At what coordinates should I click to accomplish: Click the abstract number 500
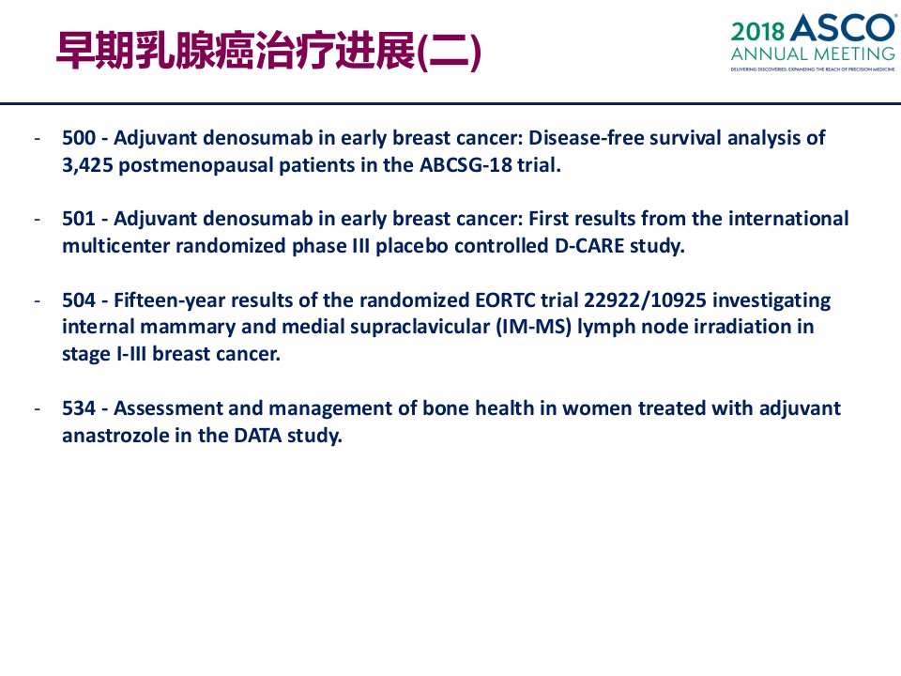click(79, 138)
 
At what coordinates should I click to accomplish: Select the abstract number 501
click(79, 219)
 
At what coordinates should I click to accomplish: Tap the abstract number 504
click(79, 300)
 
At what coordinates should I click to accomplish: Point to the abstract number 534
click(79, 408)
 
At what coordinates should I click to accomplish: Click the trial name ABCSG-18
click(466, 165)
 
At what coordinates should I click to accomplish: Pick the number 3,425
click(87, 165)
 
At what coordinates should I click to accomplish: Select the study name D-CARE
click(589, 246)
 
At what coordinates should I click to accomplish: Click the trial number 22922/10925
click(645, 300)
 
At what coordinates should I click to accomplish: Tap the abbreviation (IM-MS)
click(533, 327)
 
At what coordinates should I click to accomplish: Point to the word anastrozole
click(115, 436)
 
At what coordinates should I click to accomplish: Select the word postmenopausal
click(195, 166)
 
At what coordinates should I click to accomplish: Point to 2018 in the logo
click(758, 32)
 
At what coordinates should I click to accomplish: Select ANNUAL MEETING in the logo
click(813, 54)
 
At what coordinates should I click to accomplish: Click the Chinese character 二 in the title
click(450, 52)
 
